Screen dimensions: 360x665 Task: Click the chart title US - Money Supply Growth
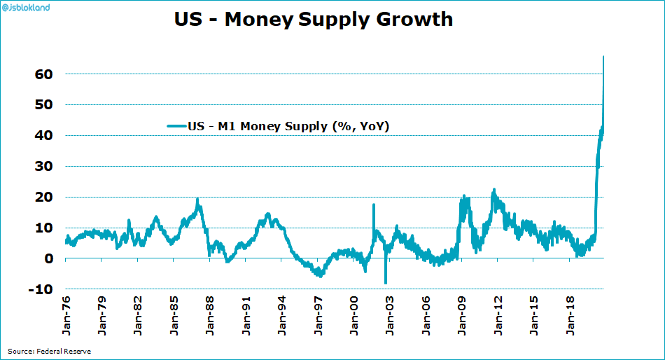click(313, 19)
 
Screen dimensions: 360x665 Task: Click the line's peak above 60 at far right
click(603, 57)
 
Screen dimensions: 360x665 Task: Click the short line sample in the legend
click(176, 127)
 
